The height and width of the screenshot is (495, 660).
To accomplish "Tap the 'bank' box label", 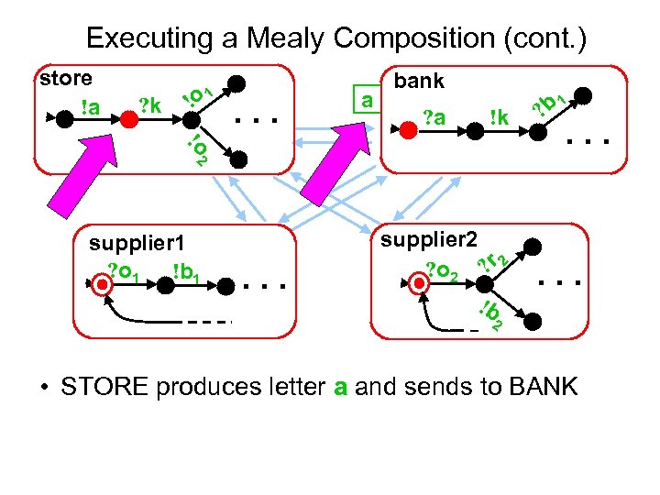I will click(x=419, y=81).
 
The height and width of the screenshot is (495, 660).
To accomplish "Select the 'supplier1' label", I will click(x=137, y=244).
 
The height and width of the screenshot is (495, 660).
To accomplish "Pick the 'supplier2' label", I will click(x=430, y=239).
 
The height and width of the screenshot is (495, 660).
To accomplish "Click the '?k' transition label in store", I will click(x=149, y=106).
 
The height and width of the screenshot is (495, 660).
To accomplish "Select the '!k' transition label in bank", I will click(x=499, y=116).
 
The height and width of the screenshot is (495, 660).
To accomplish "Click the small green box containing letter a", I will click(x=367, y=99).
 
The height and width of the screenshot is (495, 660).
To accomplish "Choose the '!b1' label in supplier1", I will click(x=187, y=271).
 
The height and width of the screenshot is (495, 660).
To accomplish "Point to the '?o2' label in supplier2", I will click(x=444, y=270).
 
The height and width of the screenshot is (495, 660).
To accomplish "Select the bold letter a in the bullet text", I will click(x=340, y=387).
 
